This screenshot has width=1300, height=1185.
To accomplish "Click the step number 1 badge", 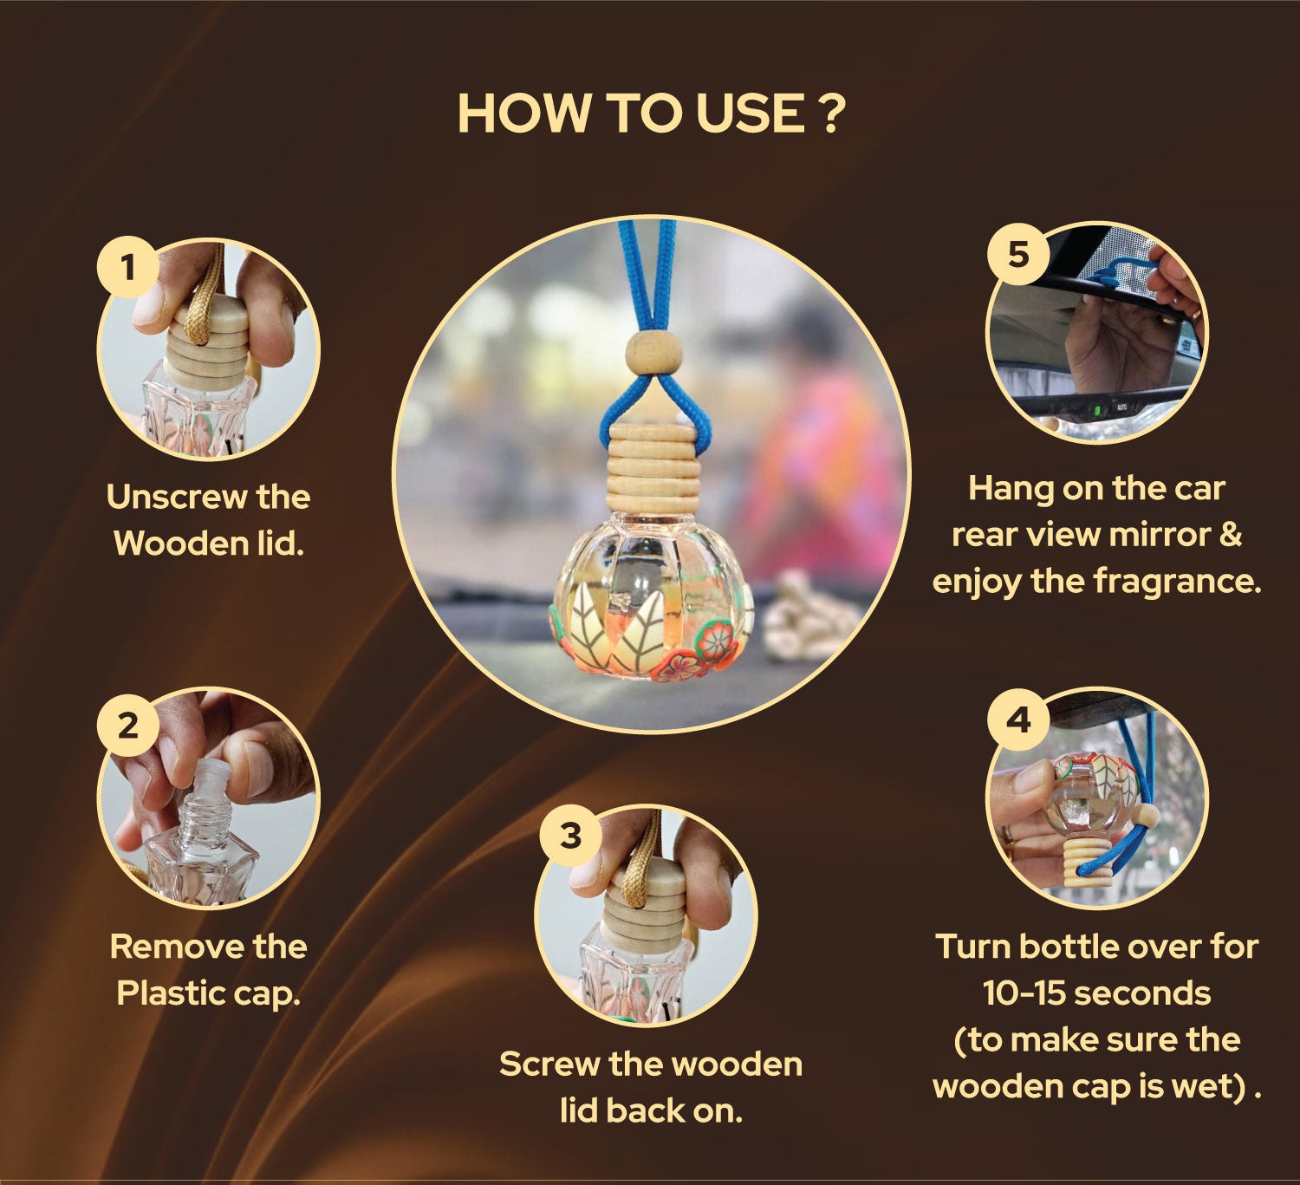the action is [x=128, y=266].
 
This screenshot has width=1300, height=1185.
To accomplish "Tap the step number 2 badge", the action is [x=128, y=724].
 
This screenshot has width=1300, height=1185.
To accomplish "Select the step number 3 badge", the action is [x=569, y=836].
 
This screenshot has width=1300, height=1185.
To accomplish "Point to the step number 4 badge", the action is [x=1018, y=719].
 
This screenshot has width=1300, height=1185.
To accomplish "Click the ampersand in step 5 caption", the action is [x=1228, y=535].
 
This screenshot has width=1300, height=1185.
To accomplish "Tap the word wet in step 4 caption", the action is [x=1200, y=1086].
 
